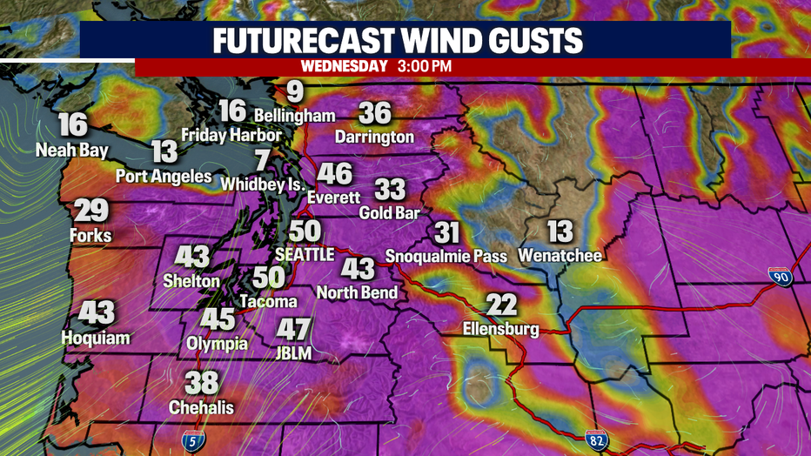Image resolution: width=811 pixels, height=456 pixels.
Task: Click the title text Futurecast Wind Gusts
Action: pos(405,41)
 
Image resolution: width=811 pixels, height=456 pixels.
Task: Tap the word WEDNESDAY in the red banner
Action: pos(344,67)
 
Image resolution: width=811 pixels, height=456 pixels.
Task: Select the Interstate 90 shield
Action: pos(781,277)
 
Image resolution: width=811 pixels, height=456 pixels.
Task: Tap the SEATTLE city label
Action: pos(304,254)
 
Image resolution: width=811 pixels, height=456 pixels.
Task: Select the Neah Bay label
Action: pos(72,150)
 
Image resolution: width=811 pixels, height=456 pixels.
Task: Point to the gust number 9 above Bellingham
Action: pos(295,91)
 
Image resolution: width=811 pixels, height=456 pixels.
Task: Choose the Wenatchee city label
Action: pos(560,255)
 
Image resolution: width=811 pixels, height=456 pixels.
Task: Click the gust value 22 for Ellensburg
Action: pos(501,305)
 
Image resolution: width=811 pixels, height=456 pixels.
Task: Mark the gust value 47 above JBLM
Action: pos(293,329)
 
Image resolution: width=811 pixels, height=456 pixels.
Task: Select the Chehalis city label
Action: pos(201,407)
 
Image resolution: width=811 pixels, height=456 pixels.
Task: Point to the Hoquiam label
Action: pos(96,338)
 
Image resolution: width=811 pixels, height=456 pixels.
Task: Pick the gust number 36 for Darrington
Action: pos(375,113)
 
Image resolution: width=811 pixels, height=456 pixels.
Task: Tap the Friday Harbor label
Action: pos(231,135)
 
